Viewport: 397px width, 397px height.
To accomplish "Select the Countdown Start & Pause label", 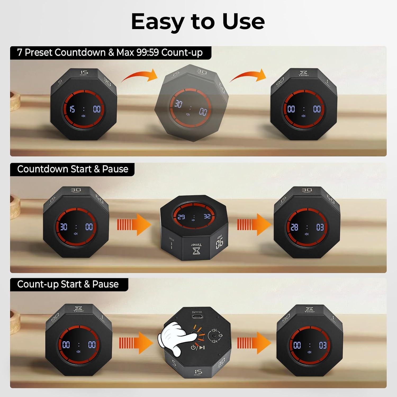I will click(x=73, y=169).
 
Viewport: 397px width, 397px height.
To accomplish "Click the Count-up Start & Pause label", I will click(x=68, y=284).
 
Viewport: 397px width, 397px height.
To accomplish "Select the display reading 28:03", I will click(x=307, y=227).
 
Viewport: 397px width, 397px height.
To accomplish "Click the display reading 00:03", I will click(x=310, y=345).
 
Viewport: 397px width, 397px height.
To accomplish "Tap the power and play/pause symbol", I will click(x=197, y=348).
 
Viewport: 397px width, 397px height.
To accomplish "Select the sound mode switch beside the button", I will click(x=215, y=336).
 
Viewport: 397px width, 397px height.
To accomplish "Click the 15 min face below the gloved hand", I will click(x=197, y=373).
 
